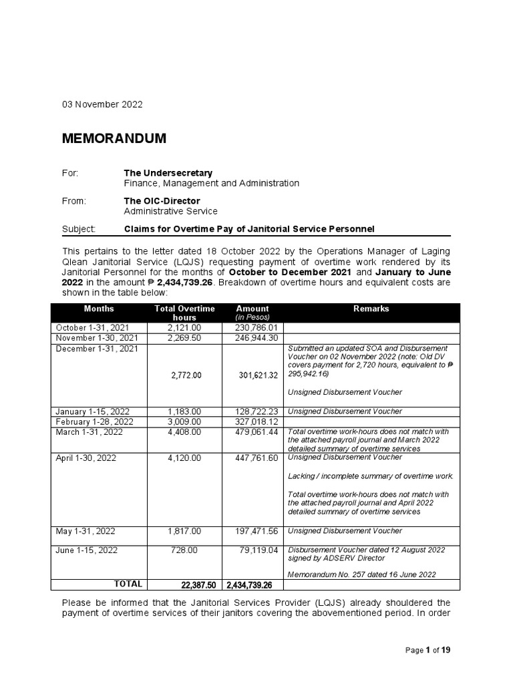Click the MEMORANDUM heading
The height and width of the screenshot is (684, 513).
(x=114, y=139)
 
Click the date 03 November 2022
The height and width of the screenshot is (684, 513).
(x=102, y=105)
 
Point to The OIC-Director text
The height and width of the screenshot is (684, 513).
(x=162, y=201)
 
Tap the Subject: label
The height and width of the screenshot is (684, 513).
(x=79, y=229)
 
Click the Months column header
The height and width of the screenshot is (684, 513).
(x=99, y=309)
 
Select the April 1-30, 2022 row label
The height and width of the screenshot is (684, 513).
(x=90, y=459)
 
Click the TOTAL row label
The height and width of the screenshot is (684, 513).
(x=128, y=584)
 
